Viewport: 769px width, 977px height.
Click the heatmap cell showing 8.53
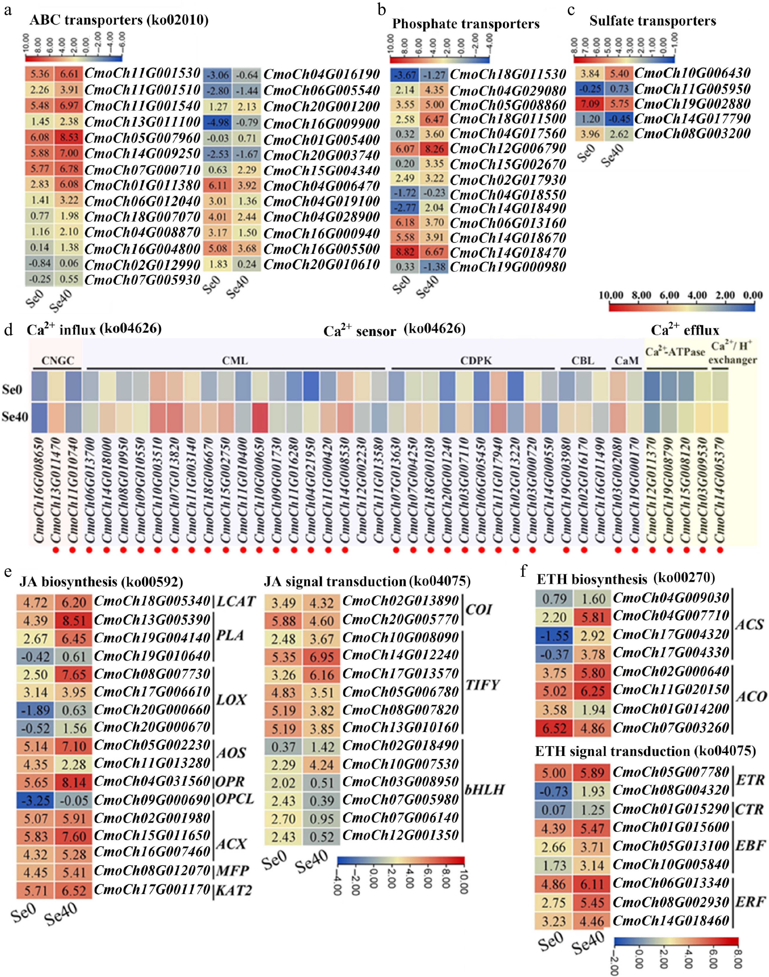[69, 137]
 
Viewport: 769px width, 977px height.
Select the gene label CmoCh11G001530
[142, 73]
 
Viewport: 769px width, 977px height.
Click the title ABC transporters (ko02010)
[119, 20]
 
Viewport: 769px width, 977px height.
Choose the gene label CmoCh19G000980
[508, 267]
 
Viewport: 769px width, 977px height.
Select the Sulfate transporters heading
[652, 21]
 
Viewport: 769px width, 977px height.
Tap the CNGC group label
[58, 361]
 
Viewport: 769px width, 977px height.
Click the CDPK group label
[476, 361]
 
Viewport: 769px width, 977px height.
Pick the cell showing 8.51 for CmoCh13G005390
[74, 621]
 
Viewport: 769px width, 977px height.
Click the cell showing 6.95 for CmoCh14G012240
[321, 657]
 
